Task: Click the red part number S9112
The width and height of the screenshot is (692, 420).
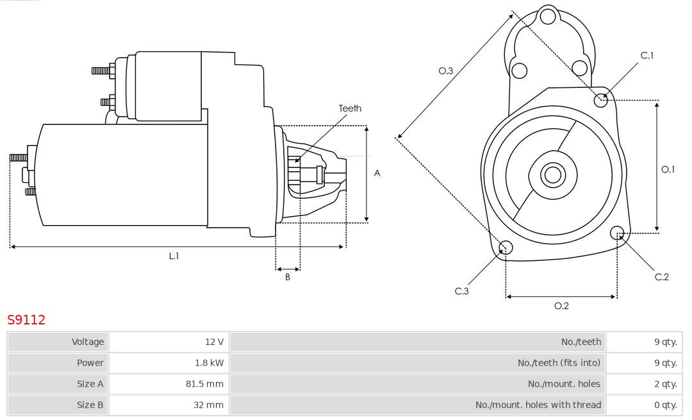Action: [26, 320]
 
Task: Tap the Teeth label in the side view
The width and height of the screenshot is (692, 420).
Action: [350, 108]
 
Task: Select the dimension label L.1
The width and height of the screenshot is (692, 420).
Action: [174, 256]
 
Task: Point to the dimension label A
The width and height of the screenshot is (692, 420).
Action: [377, 173]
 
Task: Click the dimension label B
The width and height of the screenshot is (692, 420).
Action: [288, 278]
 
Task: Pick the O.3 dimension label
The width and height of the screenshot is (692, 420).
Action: [446, 71]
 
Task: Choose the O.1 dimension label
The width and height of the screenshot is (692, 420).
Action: [668, 169]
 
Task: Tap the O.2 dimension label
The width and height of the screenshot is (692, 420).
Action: [561, 306]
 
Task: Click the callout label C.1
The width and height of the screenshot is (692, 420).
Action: [647, 56]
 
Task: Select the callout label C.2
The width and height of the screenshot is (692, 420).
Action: [662, 277]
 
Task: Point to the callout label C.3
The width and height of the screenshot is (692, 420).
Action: [462, 291]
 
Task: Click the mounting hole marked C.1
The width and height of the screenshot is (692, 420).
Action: [601, 100]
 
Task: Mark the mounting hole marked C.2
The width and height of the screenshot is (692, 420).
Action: [618, 232]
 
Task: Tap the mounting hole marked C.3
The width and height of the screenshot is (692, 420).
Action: [506, 248]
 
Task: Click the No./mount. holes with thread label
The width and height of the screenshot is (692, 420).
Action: [538, 405]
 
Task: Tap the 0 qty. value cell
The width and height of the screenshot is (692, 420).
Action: [665, 405]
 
